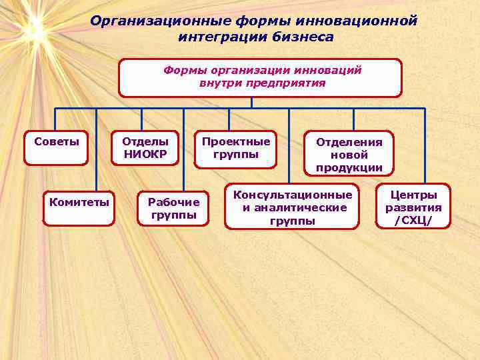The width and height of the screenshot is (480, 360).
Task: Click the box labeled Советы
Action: click(56, 147)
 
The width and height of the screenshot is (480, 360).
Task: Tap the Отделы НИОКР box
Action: click(145, 147)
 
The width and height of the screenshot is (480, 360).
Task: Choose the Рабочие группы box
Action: click(173, 208)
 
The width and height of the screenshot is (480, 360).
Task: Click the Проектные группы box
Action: click(236, 148)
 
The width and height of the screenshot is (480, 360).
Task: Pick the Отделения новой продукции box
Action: click(349, 154)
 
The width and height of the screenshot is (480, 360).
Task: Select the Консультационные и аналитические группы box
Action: click(292, 207)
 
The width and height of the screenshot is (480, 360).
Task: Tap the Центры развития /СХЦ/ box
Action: click(413, 207)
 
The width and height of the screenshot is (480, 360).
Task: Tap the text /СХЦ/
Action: click(413, 221)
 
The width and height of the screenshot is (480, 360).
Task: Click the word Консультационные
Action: click(292, 195)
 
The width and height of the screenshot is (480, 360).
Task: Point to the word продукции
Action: click(349, 167)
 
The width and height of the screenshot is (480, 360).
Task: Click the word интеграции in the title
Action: click(217, 37)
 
